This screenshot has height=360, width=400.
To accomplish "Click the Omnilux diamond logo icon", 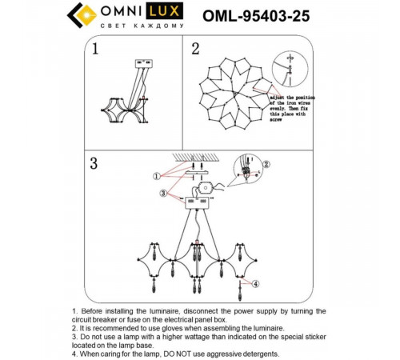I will pos(80,15).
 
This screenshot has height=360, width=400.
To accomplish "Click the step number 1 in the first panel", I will pos(96,50).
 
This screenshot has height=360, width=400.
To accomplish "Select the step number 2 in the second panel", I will pos(195,50).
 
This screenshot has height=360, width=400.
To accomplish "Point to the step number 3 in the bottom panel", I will pos(94,164).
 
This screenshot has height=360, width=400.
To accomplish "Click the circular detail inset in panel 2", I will pos(290,66).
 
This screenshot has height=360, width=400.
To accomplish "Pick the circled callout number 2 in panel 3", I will pos(266,165).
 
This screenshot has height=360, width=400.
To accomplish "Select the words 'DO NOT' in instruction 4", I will pos(170,354).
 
